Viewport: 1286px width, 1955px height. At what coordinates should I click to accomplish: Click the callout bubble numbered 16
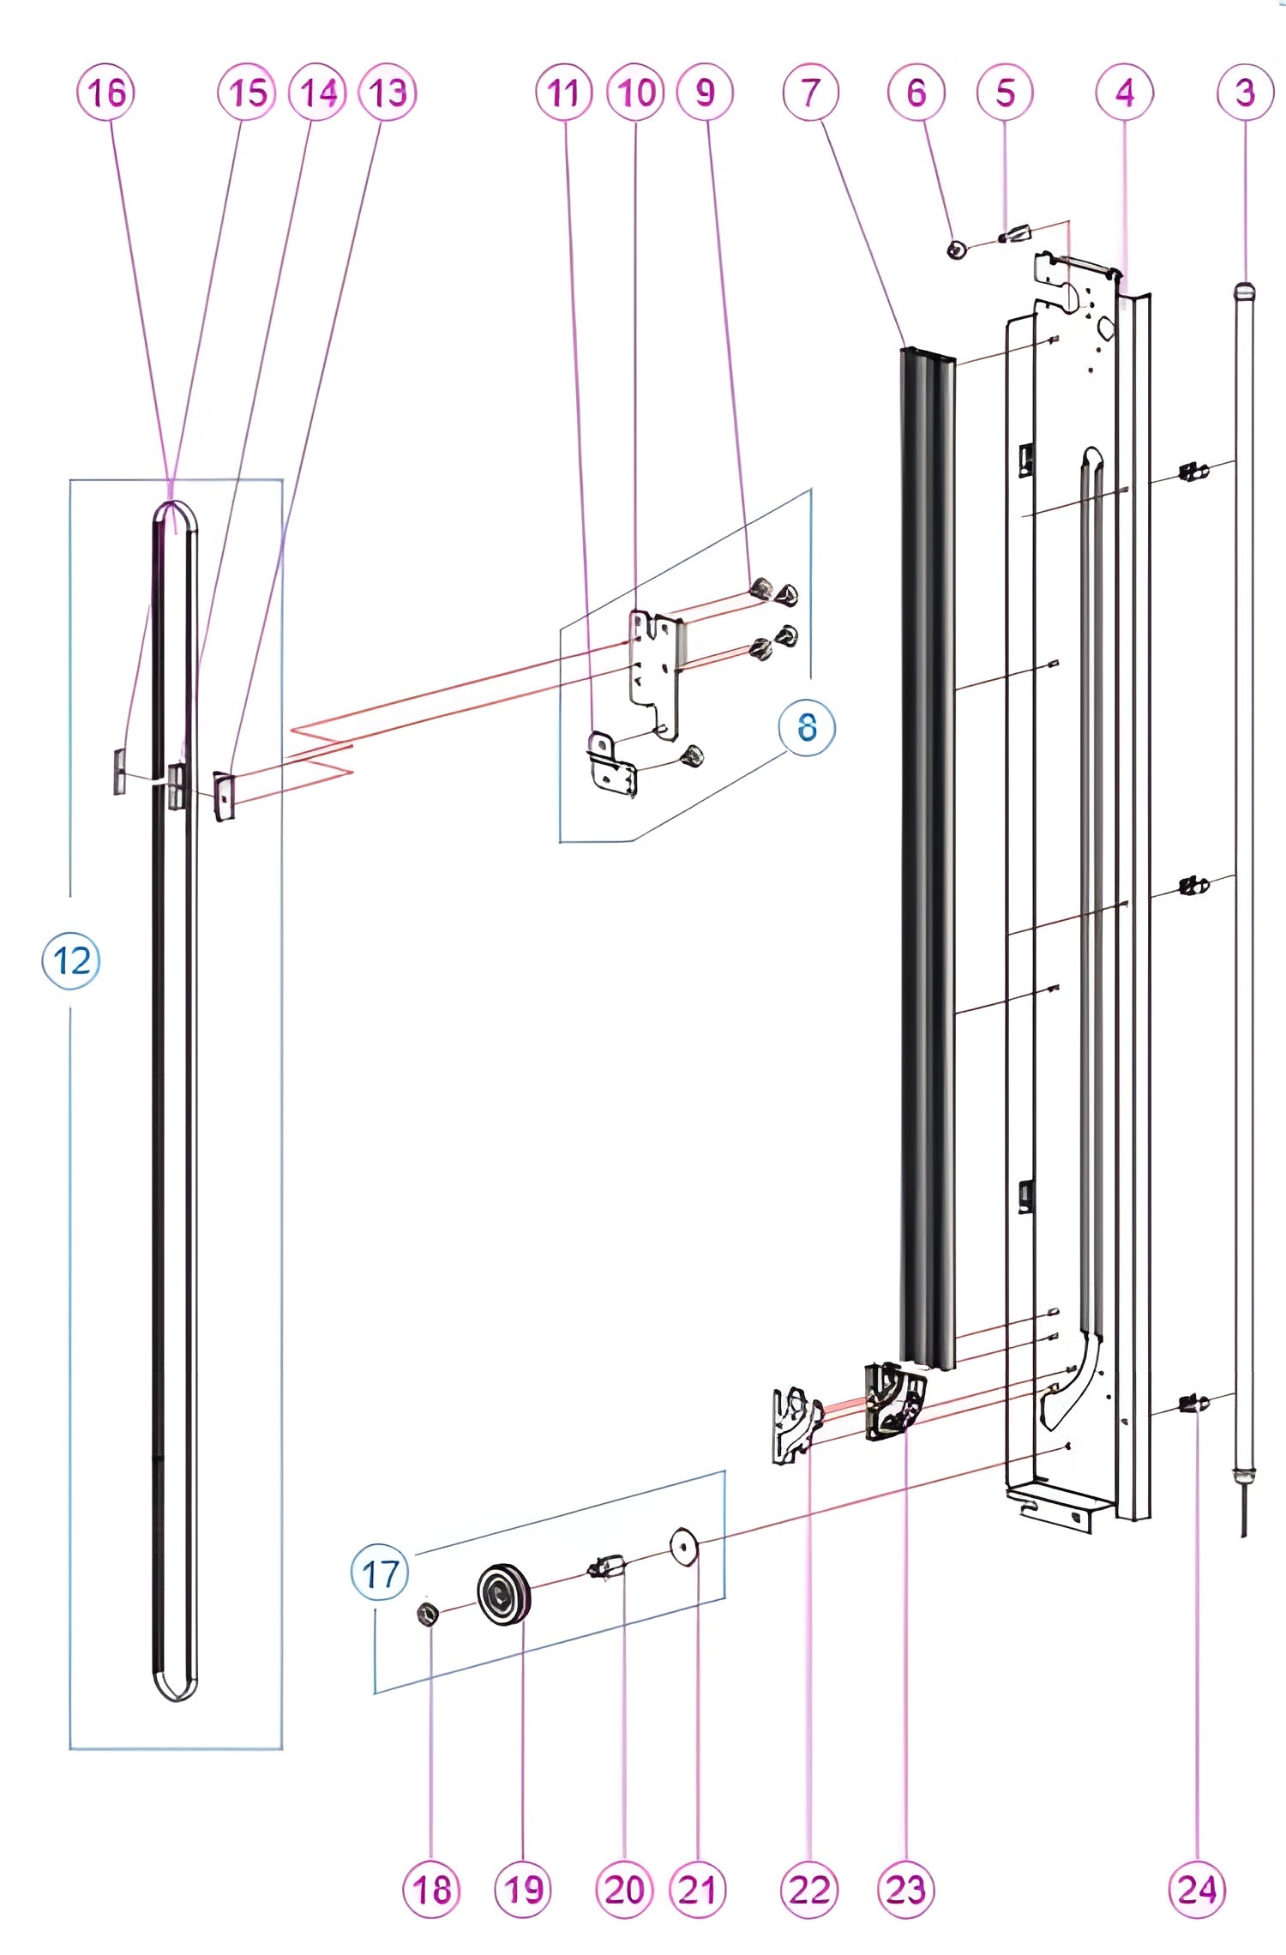click(106, 93)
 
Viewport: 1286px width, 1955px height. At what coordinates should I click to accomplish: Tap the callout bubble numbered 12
click(71, 960)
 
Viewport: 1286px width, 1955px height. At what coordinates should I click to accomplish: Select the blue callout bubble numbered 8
click(806, 727)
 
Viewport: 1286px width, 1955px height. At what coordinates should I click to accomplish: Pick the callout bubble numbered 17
click(380, 1573)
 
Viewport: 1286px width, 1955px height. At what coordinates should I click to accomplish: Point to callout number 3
click(1245, 93)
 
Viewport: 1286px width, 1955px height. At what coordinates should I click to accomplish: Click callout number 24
click(1197, 1889)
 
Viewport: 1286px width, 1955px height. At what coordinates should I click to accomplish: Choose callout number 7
click(810, 93)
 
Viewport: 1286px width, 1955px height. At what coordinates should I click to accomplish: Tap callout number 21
click(697, 1889)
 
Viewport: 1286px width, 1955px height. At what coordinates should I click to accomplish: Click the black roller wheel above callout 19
click(504, 1593)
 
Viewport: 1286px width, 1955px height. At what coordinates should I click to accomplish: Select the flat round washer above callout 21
click(684, 1547)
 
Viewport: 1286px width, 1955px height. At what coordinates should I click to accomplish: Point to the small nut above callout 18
click(428, 1615)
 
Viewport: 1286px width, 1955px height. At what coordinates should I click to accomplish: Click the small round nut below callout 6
click(957, 250)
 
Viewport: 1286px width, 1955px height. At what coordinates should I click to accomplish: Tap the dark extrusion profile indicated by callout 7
click(927, 857)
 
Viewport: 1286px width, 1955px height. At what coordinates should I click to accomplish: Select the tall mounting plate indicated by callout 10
click(656, 669)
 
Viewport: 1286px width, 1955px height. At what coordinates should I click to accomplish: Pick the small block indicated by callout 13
click(224, 795)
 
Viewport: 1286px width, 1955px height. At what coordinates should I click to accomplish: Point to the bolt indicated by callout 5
click(1016, 233)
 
